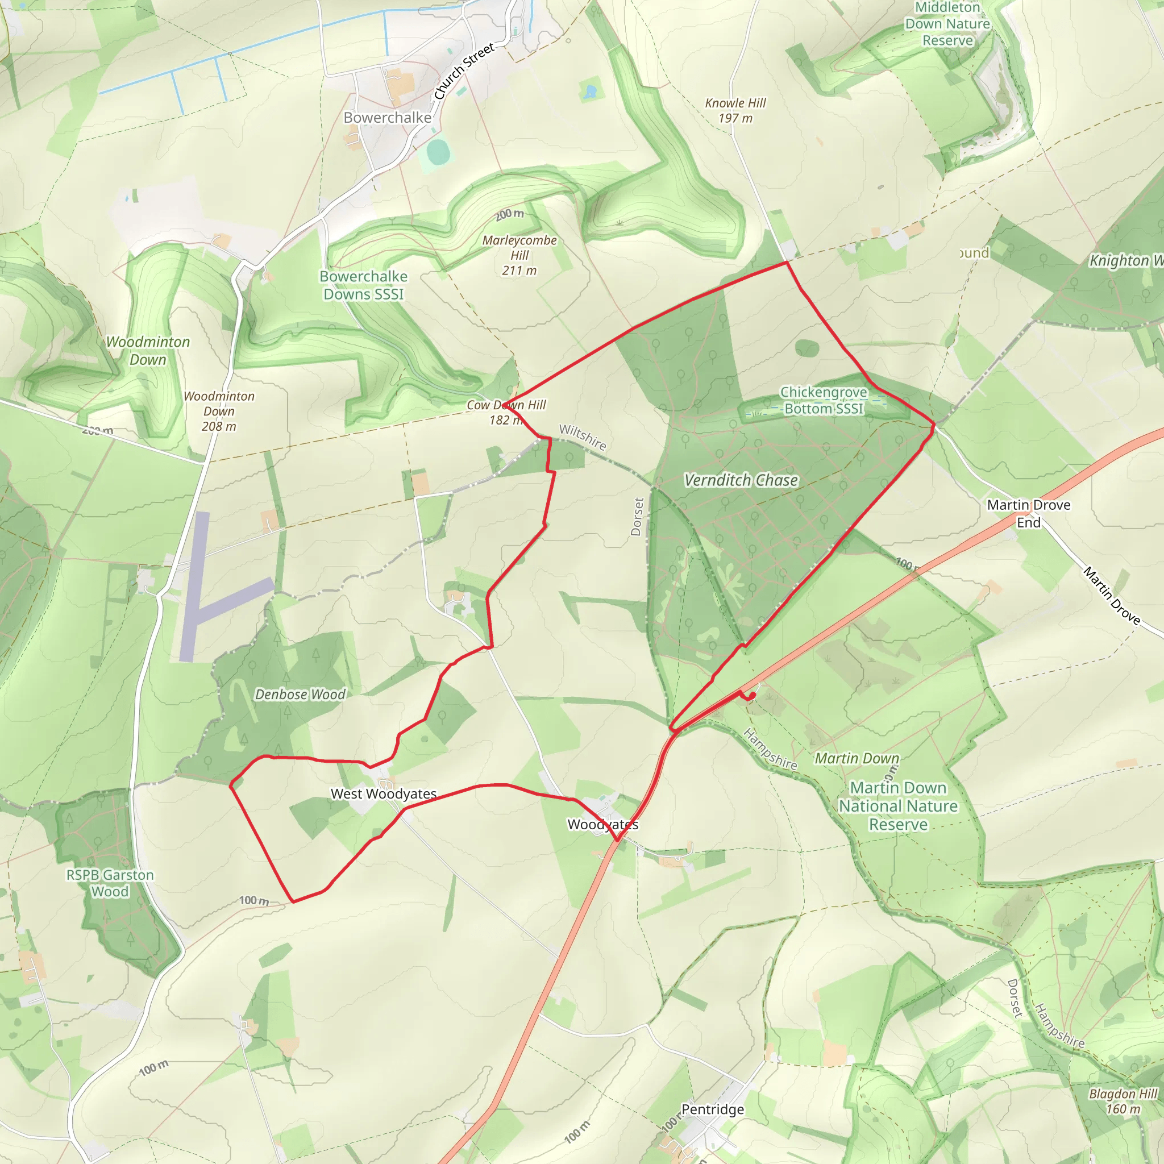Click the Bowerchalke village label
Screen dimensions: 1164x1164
point(388,118)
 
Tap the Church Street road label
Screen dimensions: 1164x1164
point(464,71)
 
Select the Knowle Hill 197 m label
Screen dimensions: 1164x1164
point(735,110)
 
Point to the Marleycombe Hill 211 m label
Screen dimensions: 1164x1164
point(519,255)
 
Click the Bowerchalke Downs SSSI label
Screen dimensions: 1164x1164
point(363,285)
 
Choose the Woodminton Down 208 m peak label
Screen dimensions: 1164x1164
point(219,411)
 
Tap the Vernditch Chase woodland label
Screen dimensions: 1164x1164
point(741,480)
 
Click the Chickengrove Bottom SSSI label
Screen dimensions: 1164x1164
point(824,400)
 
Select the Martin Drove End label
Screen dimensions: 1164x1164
point(1028,513)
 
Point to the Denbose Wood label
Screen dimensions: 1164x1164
point(300,694)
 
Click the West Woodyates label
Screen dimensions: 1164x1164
point(384,793)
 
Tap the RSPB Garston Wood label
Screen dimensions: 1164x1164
point(110,883)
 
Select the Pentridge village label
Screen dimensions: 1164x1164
point(713,1109)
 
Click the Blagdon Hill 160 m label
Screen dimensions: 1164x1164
point(1123,1101)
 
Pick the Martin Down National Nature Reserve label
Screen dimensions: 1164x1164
point(897,805)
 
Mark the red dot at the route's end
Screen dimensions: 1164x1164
point(752,696)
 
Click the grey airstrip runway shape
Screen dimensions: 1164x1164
point(205,602)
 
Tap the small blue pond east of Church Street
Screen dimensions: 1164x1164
point(590,92)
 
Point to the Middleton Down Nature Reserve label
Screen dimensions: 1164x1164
point(947,24)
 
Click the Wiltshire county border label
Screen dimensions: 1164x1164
point(582,437)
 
